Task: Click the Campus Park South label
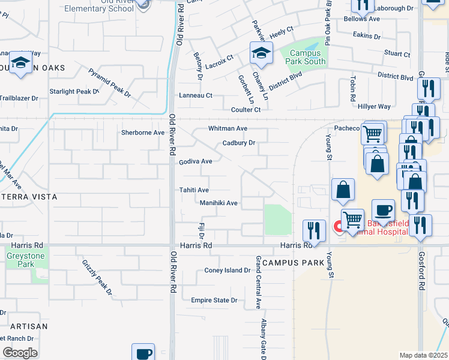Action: tap(308, 57)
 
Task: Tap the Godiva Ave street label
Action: tap(196, 161)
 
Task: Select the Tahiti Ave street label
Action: tap(194, 190)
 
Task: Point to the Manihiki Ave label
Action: tap(218, 203)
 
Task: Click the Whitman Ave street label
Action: tap(228, 128)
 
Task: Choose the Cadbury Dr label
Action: tap(239, 143)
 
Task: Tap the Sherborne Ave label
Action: tap(143, 133)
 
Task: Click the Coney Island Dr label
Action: tap(228, 270)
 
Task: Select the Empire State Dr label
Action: tap(214, 300)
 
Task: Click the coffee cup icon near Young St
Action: tap(384, 211)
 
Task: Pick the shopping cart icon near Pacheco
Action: tap(373, 133)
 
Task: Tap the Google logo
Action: tap(20, 353)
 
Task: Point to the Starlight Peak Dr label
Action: tap(74, 91)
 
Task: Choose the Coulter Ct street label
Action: tap(246, 110)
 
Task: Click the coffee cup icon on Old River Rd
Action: tap(143, 353)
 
